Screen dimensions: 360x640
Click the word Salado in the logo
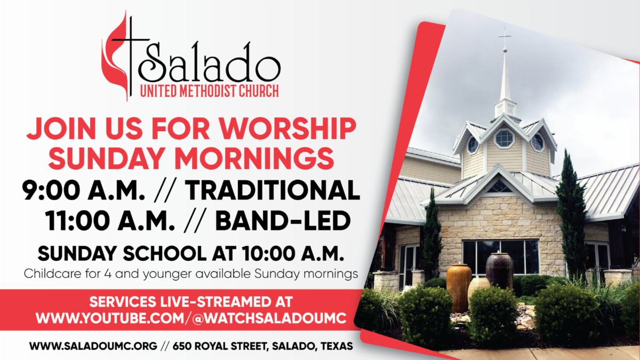[x=211, y=63]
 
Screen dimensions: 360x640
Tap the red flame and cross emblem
[x=116, y=56]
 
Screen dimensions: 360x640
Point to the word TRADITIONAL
[x=273, y=190]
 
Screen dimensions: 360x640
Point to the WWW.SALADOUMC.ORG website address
[x=93, y=346]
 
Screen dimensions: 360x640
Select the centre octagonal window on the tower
[x=503, y=138]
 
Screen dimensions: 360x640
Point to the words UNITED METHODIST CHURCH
[x=209, y=91]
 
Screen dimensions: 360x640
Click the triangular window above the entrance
[x=500, y=186]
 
